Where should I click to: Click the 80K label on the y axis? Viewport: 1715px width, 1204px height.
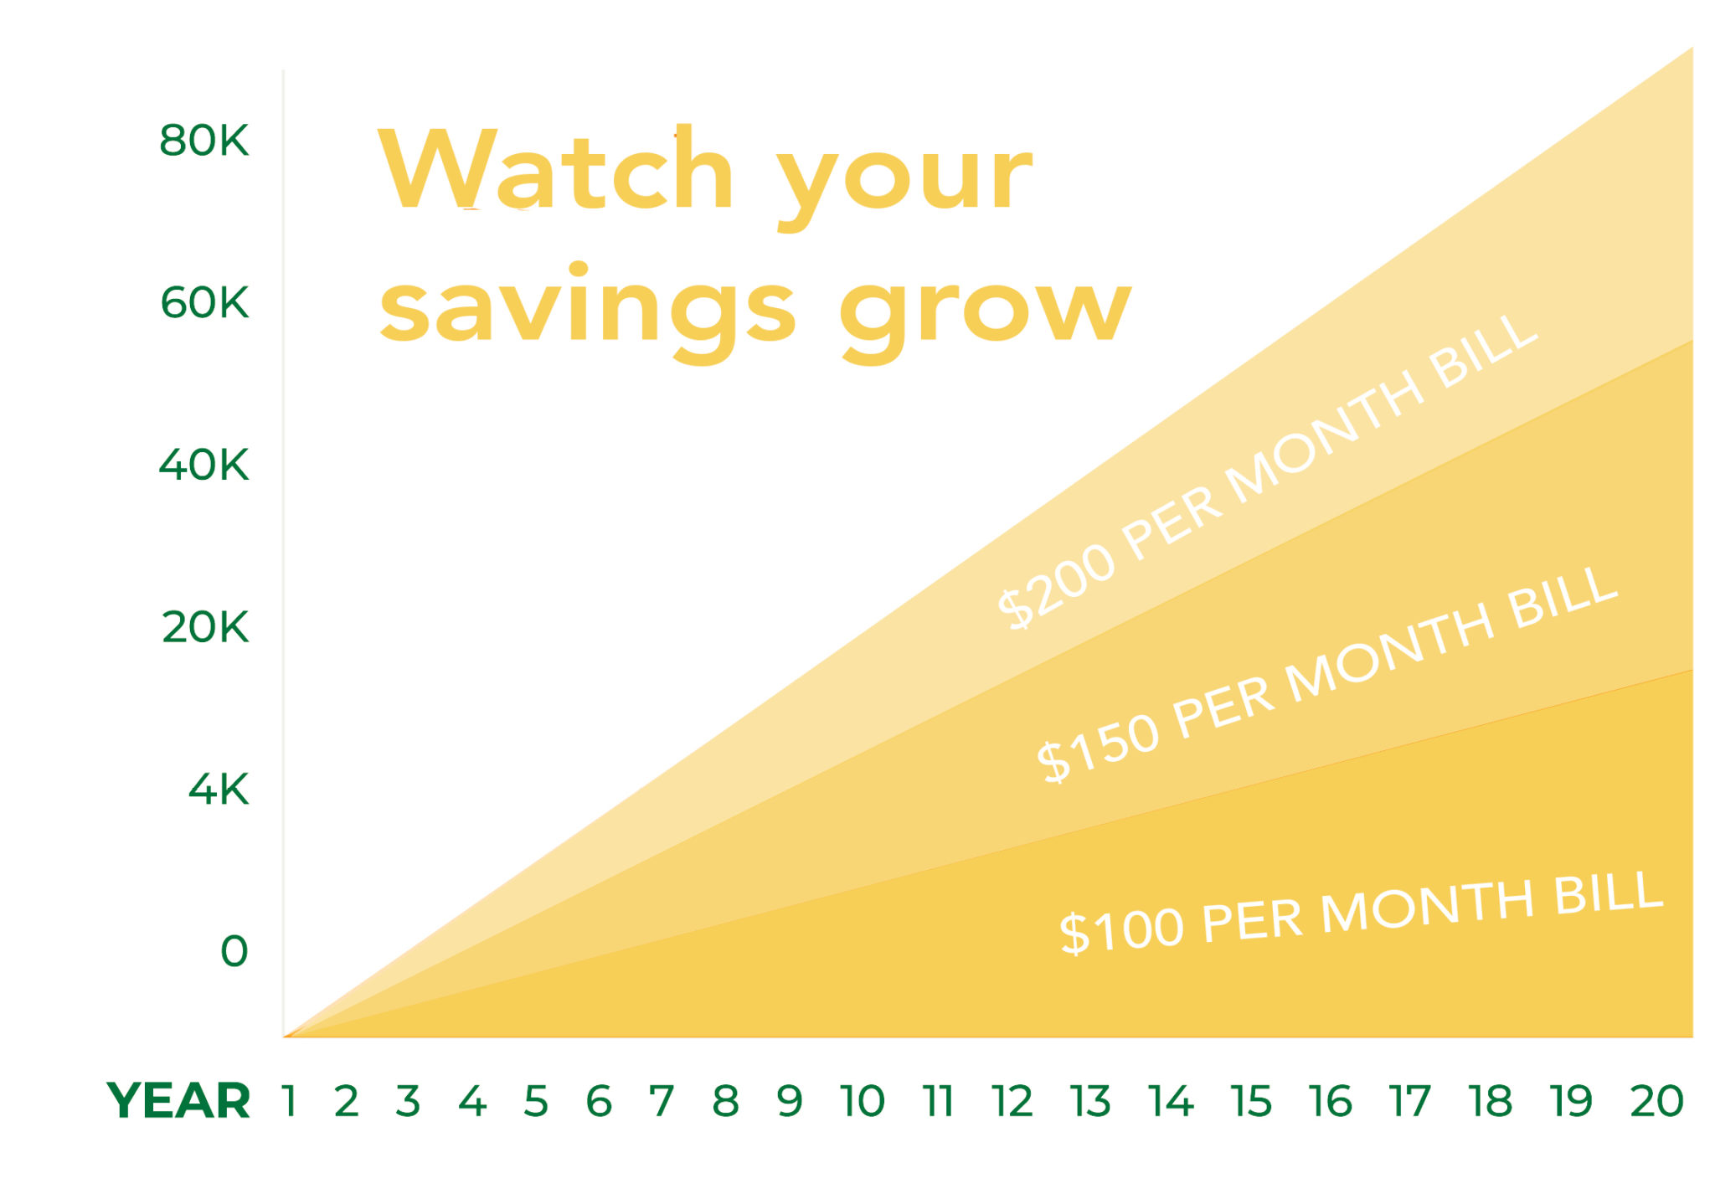coord(203,141)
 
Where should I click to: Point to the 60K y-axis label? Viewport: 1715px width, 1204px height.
coord(204,303)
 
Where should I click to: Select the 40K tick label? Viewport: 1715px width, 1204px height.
coord(203,465)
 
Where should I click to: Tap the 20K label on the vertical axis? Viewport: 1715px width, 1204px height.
coord(205,627)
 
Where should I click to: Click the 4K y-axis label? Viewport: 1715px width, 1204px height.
coord(218,790)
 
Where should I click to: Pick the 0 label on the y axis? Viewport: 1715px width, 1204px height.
coord(234,951)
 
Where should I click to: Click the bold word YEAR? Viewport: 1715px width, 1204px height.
coord(178,1100)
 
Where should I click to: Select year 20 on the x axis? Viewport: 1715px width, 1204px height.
coord(1656,1101)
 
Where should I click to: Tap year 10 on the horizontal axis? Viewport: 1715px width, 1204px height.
coord(863,1101)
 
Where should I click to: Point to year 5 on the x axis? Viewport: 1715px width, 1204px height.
coord(536,1101)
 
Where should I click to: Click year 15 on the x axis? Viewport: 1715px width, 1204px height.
coord(1251,1101)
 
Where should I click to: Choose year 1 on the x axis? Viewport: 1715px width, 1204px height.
coord(290,1101)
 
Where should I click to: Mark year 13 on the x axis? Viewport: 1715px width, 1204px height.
coord(1090,1101)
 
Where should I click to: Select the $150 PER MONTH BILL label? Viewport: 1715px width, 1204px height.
coord(1326,674)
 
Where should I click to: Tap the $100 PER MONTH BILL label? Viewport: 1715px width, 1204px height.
coord(1361,913)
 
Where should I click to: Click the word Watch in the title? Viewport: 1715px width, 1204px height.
coord(557,170)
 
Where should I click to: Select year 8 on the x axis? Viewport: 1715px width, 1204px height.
coord(725,1101)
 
